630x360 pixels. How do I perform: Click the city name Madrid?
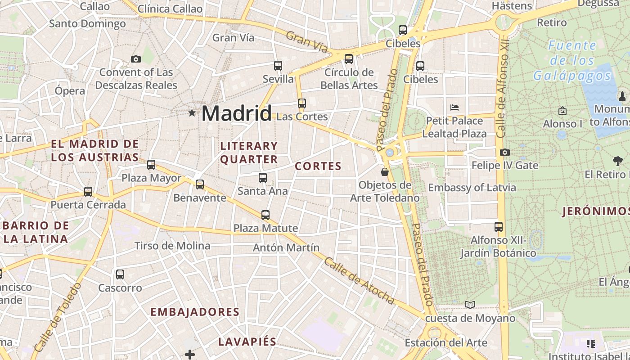pyautogui.click(x=237, y=113)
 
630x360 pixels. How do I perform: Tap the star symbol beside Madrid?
pyautogui.click(x=192, y=112)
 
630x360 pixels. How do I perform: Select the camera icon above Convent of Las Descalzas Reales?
pyautogui.click(x=135, y=59)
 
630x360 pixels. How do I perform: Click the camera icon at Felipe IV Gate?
pyautogui.click(x=505, y=152)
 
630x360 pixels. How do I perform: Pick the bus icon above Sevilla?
pyautogui.click(x=278, y=66)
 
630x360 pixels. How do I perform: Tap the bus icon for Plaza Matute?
pyautogui.click(x=265, y=215)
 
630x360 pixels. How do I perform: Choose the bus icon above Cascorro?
pyautogui.click(x=120, y=274)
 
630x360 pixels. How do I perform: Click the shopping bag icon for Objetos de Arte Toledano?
pyautogui.click(x=385, y=171)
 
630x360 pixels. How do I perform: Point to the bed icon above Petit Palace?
pyautogui.click(x=454, y=108)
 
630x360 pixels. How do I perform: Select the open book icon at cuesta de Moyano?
pyautogui.click(x=470, y=305)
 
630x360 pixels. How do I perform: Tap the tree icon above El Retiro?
pyautogui.click(x=617, y=161)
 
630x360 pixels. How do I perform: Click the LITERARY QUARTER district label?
pyautogui.click(x=249, y=153)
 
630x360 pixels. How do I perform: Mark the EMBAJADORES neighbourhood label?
pyautogui.click(x=195, y=312)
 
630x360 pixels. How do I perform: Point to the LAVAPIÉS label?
pyautogui.click(x=247, y=342)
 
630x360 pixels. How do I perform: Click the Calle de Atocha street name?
pyautogui.click(x=359, y=281)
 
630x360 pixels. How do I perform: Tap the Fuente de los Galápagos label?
pyautogui.click(x=572, y=60)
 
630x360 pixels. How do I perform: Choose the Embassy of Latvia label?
pyautogui.click(x=472, y=187)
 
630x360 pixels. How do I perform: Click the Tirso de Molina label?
pyautogui.click(x=172, y=246)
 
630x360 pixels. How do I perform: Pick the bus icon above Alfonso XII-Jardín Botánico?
pyautogui.click(x=499, y=226)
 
